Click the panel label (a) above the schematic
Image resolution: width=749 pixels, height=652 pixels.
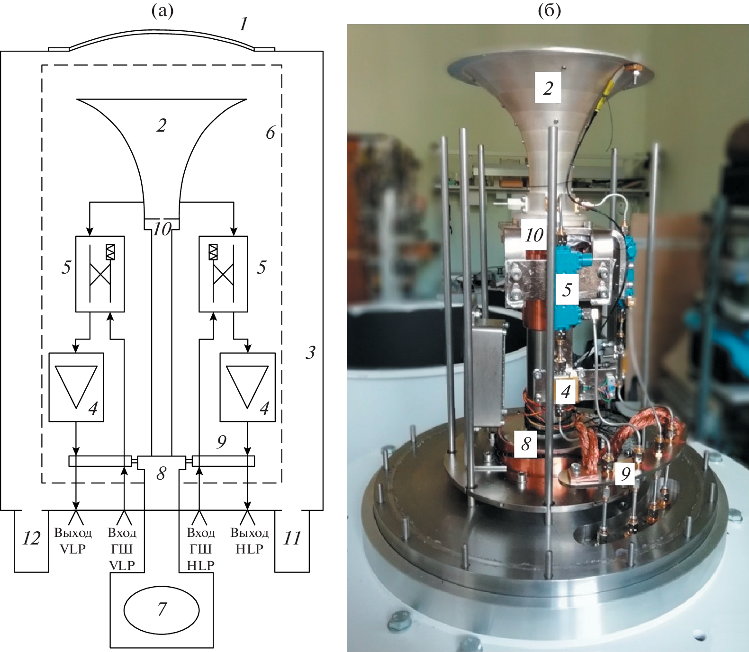click(x=162, y=11)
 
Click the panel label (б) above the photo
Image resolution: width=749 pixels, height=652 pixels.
click(x=550, y=11)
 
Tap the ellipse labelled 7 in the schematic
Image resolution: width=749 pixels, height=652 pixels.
click(x=162, y=609)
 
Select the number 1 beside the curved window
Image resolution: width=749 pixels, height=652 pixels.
click(x=244, y=24)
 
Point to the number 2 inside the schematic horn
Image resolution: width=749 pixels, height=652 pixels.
click(x=162, y=125)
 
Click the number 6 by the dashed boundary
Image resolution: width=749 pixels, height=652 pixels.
click(x=270, y=133)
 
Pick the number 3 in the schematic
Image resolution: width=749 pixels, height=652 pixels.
click(x=310, y=352)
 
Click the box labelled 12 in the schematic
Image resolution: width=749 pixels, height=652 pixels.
click(x=31, y=540)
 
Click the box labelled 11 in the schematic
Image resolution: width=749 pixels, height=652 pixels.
click(x=292, y=540)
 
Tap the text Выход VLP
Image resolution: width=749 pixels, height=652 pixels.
click(x=73, y=541)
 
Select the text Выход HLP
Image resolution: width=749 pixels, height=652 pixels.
click(x=250, y=541)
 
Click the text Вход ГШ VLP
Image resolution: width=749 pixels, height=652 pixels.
click(x=122, y=549)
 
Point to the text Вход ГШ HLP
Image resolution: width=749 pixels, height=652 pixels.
click(x=201, y=549)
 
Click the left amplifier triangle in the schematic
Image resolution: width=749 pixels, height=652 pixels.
click(x=76, y=386)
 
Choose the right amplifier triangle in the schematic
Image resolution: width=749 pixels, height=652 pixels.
click(x=247, y=386)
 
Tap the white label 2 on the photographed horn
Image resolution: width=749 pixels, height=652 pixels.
click(x=548, y=88)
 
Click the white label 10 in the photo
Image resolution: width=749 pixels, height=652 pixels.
click(x=534, y=235)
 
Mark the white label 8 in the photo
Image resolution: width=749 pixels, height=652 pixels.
click(x=526, y=444)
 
